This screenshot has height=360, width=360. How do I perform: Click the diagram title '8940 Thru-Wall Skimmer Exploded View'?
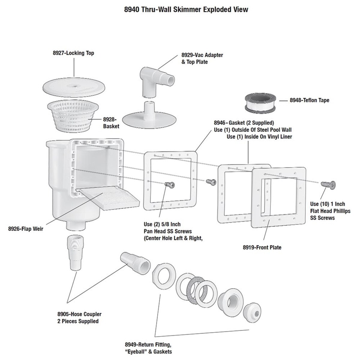click(186, 9)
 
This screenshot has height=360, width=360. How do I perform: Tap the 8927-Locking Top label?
click(73, 53)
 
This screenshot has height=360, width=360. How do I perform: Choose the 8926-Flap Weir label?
click(26, 229)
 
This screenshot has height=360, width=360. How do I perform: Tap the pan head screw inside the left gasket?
click(169, 185)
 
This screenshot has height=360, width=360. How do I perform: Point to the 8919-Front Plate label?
click(262, 247)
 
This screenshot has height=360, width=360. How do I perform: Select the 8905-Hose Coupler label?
click(79, 318)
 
